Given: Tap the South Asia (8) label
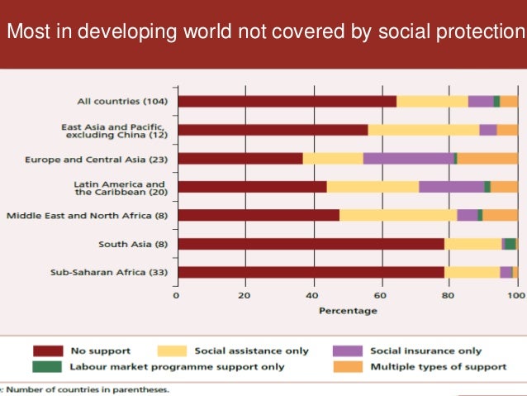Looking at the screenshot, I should [x=134, y=244].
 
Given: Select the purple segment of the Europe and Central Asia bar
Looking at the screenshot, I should [x=408, y=158].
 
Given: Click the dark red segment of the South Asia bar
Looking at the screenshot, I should [x=311, y=244].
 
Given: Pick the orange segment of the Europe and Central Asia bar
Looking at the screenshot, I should [x=487, y=158].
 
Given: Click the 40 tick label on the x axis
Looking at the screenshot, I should [x=312, y=295].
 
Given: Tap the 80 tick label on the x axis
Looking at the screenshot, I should [x=449, y=295].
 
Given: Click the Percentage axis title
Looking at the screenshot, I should [x=348, y=310].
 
